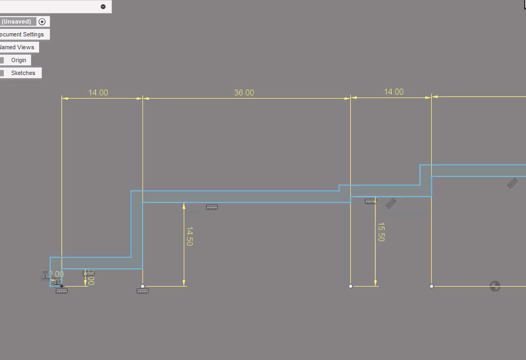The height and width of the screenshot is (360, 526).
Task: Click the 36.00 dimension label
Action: [244, 93]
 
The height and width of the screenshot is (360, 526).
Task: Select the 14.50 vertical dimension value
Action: [189, 236]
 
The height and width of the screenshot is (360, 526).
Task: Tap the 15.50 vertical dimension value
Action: [381, 232]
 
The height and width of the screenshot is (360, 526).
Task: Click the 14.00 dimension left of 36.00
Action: [98, 93]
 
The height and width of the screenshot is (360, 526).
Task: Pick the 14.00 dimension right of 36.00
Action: [393, 92]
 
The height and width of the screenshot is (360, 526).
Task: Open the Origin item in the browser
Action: [18, 60]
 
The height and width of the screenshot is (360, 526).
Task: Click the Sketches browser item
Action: [23, 73]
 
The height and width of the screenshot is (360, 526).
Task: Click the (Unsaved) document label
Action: [17, 21]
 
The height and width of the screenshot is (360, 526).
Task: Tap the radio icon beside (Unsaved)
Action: [42, 21]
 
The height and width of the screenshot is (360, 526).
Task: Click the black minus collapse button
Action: [103, 6]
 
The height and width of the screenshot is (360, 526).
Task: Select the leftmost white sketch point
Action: [142, 286]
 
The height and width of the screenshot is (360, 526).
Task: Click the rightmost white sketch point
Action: [431, 286]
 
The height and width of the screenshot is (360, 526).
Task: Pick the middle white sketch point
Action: [351, 286]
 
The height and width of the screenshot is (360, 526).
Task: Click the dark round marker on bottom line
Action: [495, 286]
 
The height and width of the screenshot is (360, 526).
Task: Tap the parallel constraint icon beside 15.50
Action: [391, 203]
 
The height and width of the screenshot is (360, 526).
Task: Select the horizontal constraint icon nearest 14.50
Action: [212, 207]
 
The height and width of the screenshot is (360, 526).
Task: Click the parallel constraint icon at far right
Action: [512, 183]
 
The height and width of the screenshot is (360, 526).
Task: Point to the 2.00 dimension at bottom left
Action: [56, 274]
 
